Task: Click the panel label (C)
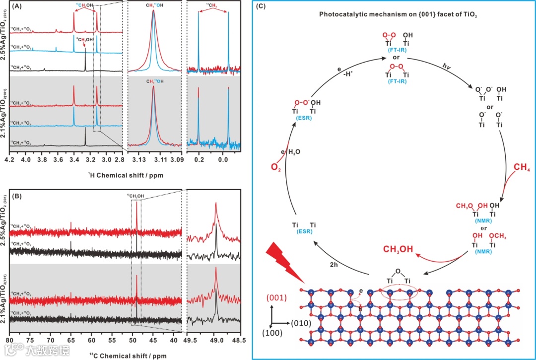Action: pos(260,7)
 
